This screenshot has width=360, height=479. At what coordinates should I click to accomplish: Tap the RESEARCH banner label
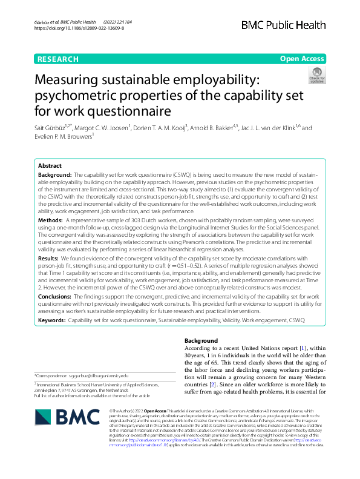click(x=57, y=59)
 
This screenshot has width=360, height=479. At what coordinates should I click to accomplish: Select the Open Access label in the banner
click(x=302, y=59)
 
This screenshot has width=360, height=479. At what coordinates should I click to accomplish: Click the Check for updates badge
click(x=317, y=75)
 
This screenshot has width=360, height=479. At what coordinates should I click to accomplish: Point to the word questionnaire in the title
click(x=130, y=111)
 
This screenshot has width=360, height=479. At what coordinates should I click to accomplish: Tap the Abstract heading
click(x=50, y=165)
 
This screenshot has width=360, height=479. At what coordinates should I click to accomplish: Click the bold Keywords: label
click(x=51, y=319)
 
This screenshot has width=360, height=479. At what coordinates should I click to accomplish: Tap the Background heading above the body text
click(x=201, y=341)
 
